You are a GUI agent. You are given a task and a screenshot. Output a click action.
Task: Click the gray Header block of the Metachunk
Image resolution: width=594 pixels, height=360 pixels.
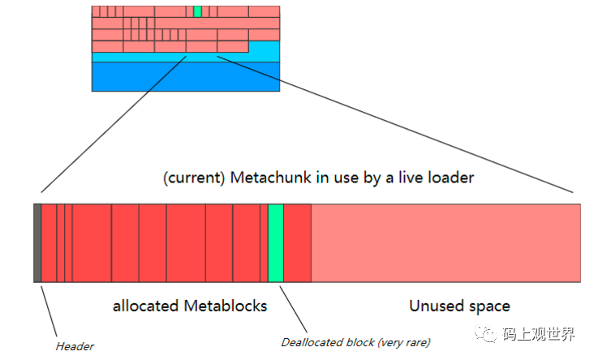(37, 243)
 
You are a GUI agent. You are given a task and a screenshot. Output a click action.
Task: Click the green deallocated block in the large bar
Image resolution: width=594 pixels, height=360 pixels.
(275, 243)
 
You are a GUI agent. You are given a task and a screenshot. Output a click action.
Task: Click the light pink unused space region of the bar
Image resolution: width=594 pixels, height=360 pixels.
(445, 243)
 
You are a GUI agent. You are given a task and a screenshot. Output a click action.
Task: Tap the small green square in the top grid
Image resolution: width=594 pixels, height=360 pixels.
(197, 11)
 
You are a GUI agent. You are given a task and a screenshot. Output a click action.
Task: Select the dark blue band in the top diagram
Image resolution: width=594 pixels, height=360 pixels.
(185, 76)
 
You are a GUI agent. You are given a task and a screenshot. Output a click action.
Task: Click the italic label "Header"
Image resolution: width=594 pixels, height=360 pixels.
(75, 346)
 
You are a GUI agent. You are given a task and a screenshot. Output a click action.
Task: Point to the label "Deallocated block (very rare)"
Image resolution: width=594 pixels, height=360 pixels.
(355, 341)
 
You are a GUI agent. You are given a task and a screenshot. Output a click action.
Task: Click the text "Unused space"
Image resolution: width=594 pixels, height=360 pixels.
(459, 306)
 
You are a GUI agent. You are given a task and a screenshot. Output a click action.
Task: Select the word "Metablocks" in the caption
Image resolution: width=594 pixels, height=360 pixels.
(225, 306)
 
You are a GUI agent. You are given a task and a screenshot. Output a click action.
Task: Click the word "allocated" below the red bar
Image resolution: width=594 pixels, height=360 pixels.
(146, 306)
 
